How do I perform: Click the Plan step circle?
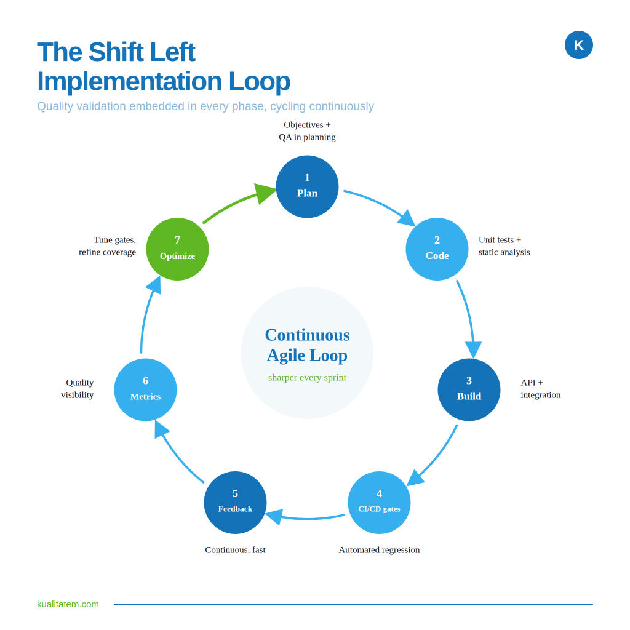(x=308, y=187)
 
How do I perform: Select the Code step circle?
(x=437, y=249)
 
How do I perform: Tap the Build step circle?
(x=469, y=389)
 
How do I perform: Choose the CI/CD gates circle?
(x=379, y=503)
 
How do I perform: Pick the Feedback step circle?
(x=236, y=503)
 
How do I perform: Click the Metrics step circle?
(x=145, y=389)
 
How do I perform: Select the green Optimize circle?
(x=178, y=249)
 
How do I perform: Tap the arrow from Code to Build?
(x=468, y=317)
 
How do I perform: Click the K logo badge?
(x=578, y=45)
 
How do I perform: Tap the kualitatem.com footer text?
(x=68, y=604)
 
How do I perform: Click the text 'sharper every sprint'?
(x=308, y=377)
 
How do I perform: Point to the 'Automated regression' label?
(x=379, y=549)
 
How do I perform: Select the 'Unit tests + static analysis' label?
(x=504, y=246)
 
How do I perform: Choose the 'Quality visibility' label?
(x=78, y=389)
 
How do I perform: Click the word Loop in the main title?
(x=259, y=82)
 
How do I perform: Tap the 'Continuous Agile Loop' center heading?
(x=308, y=345)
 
